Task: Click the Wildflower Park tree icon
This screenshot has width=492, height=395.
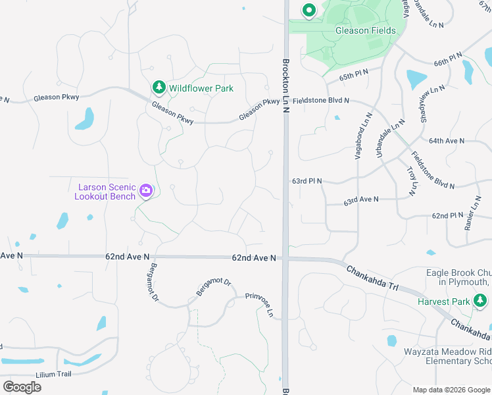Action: [x=159, y=87]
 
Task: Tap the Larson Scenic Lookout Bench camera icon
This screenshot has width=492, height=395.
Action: [x=146, y=192]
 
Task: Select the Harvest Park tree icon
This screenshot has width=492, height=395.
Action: [x=481, y=302]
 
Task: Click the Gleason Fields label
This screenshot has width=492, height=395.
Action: [x=366, y=30]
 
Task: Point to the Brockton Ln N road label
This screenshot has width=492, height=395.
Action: [x=286, y=86]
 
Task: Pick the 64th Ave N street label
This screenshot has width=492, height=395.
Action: [x=447, y=141]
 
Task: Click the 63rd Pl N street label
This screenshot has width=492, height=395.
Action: [x=307, y=180]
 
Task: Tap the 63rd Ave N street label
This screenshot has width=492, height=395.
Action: [x=361, y=199]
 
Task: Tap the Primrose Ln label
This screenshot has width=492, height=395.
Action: [x=259, y=305]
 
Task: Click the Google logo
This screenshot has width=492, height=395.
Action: [x=22, y=386]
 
